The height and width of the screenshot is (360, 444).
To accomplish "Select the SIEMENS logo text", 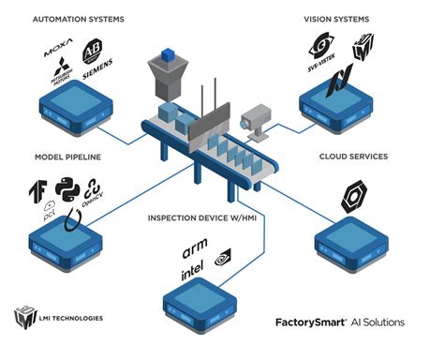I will [96, 70].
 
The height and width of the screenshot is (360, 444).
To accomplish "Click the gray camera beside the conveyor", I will [254, 119].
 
